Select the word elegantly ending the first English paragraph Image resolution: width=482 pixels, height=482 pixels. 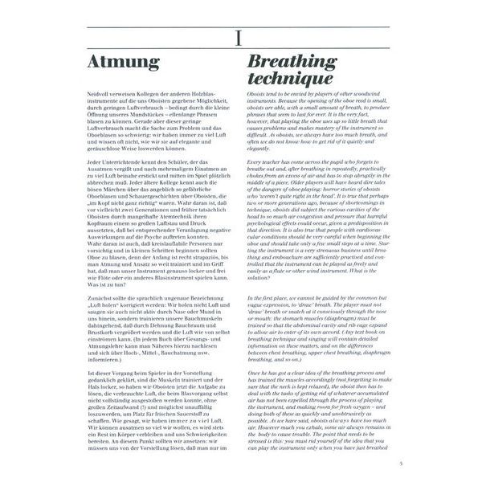click(x=258, y=148)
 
